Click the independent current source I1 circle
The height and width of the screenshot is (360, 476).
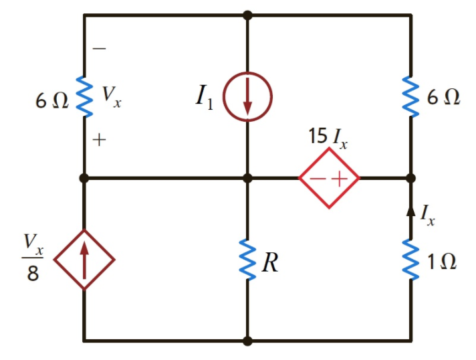[x=247, y=97]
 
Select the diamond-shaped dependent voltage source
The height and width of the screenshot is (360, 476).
[x=329, y=179]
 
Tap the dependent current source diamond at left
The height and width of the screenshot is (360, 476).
[x=84, y=259]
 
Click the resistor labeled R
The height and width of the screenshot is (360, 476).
[x=247, y=261]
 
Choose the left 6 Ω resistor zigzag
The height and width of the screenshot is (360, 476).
[x=84, y=97]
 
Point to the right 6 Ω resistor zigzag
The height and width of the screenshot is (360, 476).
[x=410, y=97]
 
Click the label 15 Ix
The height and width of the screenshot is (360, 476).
[x=328, y=137]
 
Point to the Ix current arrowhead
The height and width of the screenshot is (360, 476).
[x=410, y=211]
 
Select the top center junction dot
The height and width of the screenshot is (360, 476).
[x=247, y=14]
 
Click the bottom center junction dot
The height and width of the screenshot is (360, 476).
[x=247, y=341]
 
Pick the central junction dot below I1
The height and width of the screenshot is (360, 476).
[x=247, y=179]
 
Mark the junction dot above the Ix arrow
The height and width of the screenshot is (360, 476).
[x=410, y=179]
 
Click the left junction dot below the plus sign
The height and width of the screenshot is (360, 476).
[x=84, y=179]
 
